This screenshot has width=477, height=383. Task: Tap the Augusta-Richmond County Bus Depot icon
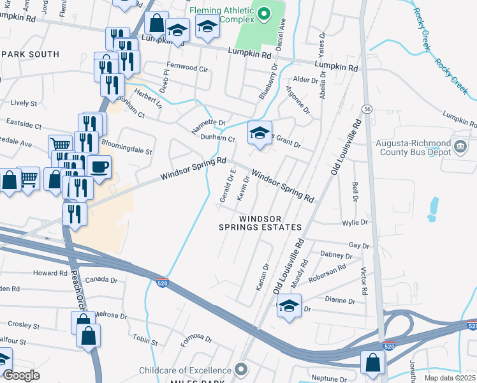pos(459,147)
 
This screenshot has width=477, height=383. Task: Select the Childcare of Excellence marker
pos(240,370)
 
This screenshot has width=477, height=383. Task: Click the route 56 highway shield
pos(367,109)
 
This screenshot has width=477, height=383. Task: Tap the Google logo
pos(21,375)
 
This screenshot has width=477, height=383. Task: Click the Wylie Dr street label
pos(355,223)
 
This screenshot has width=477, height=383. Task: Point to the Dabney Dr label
pos(332,254)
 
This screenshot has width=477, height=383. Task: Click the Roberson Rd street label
pos(327,273)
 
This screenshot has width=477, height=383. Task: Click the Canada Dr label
pos(102,280)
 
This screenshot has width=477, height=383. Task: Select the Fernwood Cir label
pos(187,68)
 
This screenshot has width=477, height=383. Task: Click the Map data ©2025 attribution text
pos(450,378)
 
